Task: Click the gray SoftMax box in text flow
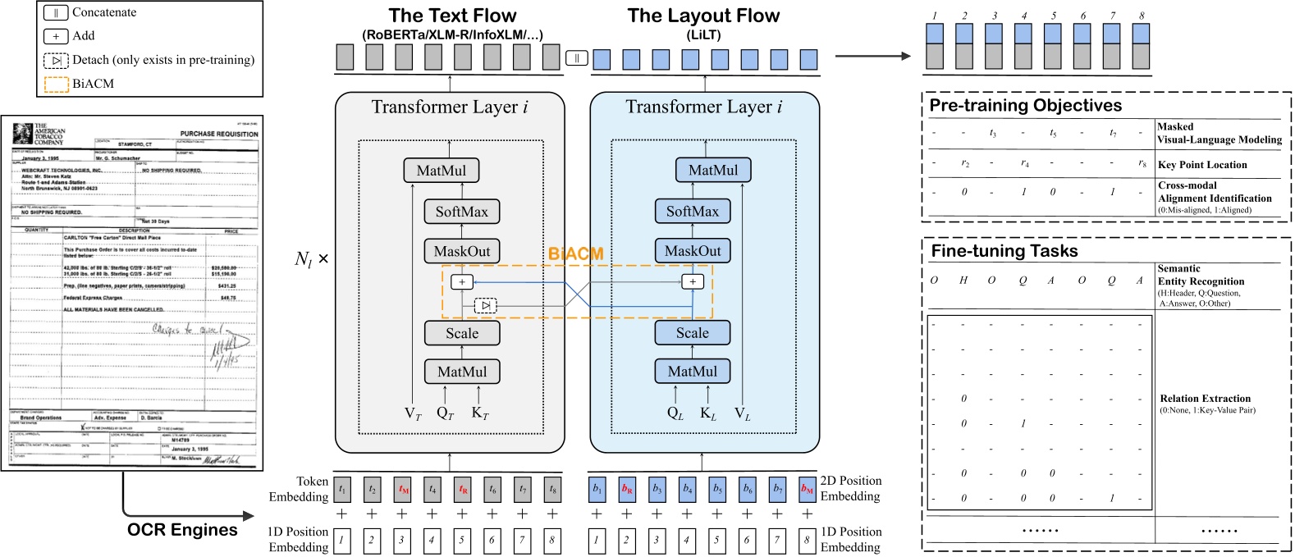coord(461,212)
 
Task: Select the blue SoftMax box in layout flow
coord(692,212)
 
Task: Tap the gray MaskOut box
coord(461,252)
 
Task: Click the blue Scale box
coord(692,333)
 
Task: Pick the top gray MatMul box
coord(441,171)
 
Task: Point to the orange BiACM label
coord(575,253)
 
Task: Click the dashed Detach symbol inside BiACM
coord(486,305)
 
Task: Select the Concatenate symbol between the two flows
coord(576,58)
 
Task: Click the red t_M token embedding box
coord(402,490)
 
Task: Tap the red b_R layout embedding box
coord(627,490)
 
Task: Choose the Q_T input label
coord(445,413)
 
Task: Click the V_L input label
coord(742,414)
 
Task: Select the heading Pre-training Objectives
coord(1025,106)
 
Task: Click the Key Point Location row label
coord(1201,165)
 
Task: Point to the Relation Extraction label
coord(1205,399)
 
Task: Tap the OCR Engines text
coord(182,530)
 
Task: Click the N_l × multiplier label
coord(311,259)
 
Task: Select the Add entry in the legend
coord(83,36)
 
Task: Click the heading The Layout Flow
coord(703,16)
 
